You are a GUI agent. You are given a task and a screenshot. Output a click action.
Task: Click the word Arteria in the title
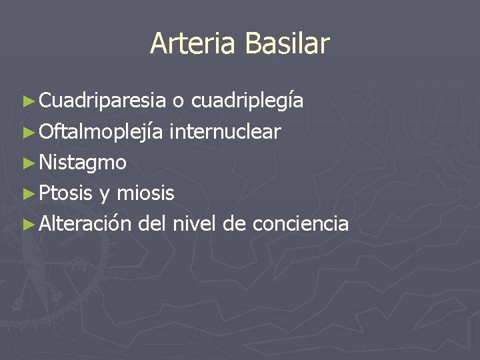[x=194, y=44]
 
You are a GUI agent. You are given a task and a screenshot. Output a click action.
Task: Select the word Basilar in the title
[x=287, y=44]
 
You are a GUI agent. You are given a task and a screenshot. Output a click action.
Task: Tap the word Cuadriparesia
[x=102, y=101]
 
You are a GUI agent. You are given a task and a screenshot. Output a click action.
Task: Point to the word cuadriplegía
[x=247, y=101]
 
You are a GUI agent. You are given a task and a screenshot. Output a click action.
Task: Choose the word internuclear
[x=225, y=131]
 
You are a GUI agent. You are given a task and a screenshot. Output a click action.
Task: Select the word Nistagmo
[x=83, y=162]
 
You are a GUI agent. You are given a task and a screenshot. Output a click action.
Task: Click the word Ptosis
[x=65, y=193]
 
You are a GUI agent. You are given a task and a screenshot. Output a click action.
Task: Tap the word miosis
[x=145, y=193]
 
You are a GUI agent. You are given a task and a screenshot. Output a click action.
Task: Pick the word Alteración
[x=85, y=223]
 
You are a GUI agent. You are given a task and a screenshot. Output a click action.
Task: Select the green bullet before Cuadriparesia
[x=27, y=101]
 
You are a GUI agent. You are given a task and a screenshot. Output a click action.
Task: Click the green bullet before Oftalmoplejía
[x=27, y=132]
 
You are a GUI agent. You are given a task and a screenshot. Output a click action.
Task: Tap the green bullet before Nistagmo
[x=27, y=163]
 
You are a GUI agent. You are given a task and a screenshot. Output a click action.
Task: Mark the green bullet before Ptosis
[x=27, y=193]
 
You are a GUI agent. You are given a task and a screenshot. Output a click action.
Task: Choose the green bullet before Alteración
[x=27, y=224]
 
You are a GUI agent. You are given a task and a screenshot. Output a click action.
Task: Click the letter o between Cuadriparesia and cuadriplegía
[x=178, y=102]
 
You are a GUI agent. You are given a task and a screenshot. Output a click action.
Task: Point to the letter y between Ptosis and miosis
[x=105, y=195]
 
